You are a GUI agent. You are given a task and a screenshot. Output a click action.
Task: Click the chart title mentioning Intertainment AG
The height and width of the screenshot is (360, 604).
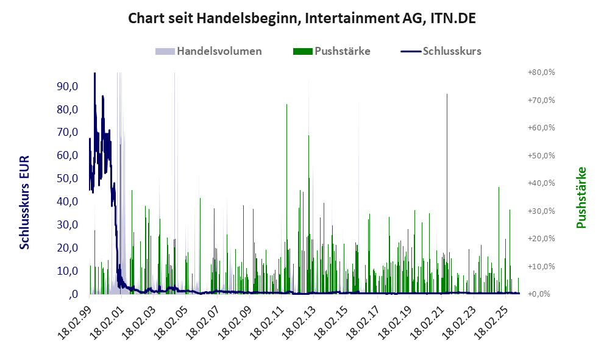pos(302,18)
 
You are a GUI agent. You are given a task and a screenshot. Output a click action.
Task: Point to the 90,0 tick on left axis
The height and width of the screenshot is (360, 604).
pos(68,86)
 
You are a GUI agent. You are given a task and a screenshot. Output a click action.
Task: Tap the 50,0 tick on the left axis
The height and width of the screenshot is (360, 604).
pos(68,178)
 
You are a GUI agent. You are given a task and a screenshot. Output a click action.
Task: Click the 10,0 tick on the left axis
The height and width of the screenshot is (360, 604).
pos(68,271)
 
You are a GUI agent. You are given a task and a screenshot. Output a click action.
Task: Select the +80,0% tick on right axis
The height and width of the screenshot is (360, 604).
pos(541,72)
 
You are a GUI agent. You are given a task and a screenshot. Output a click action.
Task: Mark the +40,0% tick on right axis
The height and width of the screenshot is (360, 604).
pos(541,183)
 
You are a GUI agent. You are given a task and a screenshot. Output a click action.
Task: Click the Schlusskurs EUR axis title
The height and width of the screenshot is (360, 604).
pos(25,202)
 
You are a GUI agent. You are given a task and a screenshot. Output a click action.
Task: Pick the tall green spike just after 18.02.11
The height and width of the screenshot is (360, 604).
pos(286,106)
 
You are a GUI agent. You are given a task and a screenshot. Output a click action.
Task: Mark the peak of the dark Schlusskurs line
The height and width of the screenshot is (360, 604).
pos(94,74)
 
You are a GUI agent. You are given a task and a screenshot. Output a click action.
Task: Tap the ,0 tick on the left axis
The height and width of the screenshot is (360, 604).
pos(73,294)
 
